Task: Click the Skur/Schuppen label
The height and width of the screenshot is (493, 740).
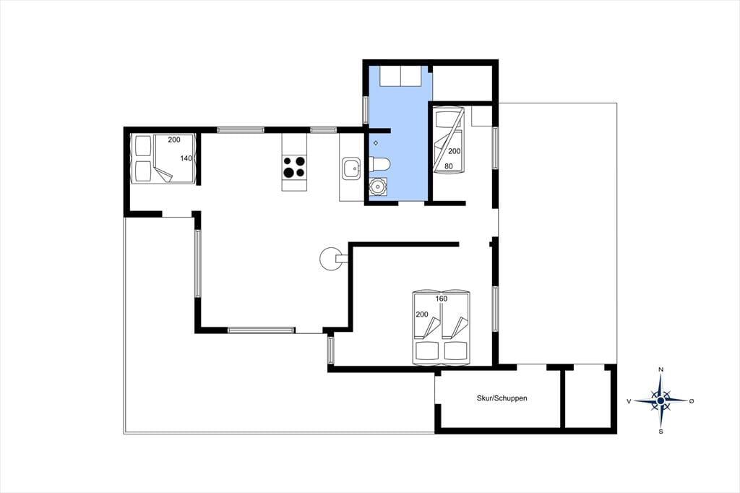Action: [x=502, y=398]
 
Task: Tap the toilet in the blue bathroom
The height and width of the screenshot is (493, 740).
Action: [x=380, y=164]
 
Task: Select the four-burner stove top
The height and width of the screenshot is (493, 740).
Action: [x=294, y=167]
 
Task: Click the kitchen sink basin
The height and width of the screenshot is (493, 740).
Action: [x=352, y=168]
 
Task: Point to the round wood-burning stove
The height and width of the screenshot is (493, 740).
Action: [x=330, y=259]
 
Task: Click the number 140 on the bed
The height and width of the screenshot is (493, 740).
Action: [x=186, y=158]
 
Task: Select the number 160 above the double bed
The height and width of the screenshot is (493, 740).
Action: [x=442, y=299]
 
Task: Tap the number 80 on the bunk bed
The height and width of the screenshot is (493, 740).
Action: [x=448, y=166]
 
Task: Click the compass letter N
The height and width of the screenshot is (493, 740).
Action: [x=661, y=369]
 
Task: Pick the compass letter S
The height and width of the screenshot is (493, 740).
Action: [x=661, y=431]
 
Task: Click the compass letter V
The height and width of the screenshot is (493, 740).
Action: [x=629, y=401]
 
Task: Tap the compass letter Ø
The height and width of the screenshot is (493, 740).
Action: [x=692, y=401]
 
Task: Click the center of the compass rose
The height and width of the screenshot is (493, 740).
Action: [x=661, y=400]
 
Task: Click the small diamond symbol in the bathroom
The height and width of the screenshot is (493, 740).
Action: [x=376, y=142]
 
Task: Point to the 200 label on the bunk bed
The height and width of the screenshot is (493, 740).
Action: [x=454, y=151]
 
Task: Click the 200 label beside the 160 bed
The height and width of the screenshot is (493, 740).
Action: [x=422, y=314]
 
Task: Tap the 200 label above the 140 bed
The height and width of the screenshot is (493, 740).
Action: [x=174, y=140]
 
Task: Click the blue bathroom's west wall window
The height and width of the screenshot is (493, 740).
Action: [x=365, y=110]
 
